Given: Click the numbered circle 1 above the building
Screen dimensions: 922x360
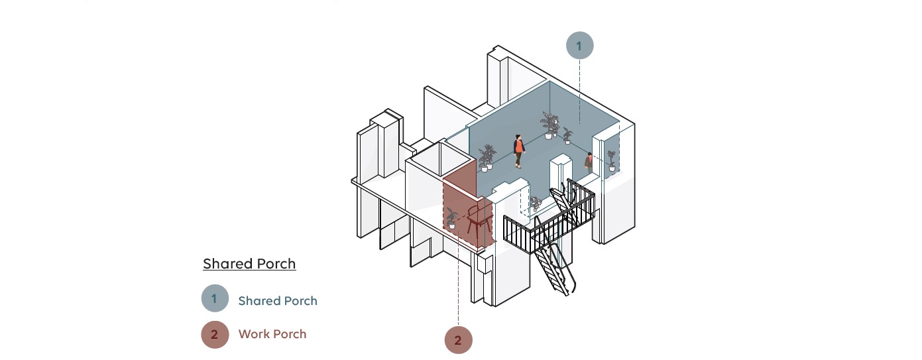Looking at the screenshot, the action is pyautogui.click(x=579, y=46).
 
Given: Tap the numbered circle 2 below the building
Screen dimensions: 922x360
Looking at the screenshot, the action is pyautogui.click(x=458, y=340).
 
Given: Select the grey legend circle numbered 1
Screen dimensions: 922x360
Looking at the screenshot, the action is pyautogui.click(x=215, y=299).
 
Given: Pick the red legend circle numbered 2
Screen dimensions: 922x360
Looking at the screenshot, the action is pyautogui.click(x=215, y=334).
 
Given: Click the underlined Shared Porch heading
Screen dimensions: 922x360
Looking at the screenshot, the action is pyautogui.click(x=249, y=264).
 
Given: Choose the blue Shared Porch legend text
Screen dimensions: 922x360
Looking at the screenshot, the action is pyautogui.click(x=278, y=301).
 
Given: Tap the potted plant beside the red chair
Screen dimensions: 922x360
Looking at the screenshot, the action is pyautogui.click(x=452, y=218).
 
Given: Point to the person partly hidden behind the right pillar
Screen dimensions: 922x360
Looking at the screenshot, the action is pyautogui.click(x=589, y=162).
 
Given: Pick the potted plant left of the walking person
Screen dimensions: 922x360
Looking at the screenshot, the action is pyautogui.click(x=487, y=158).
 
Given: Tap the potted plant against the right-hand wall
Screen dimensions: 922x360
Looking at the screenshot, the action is pyautogui.click(x=611, y=160).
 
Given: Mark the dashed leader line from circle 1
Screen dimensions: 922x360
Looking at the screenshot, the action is pyautogui.click(x=579, y=86).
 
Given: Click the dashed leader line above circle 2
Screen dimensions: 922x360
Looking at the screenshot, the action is pyautogui.click(x=458, y=292).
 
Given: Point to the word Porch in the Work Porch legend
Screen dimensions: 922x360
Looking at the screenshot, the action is pyautogui.click(x=290, y=334).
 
